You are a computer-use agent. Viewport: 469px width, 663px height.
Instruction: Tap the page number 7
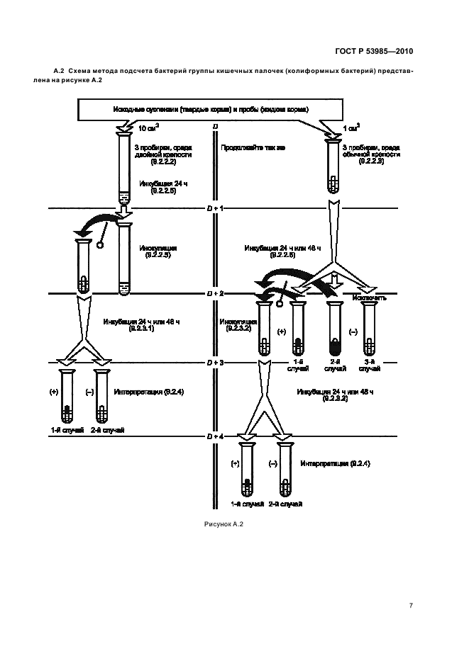pos(412,605)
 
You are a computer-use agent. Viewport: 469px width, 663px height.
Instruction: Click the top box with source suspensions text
pos(220,110)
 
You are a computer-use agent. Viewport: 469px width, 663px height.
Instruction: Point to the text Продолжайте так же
pos(243,149)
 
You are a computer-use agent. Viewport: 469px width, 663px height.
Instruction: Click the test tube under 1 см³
pos(331,166)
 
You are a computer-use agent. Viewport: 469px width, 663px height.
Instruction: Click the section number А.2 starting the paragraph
pos(60,72)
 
